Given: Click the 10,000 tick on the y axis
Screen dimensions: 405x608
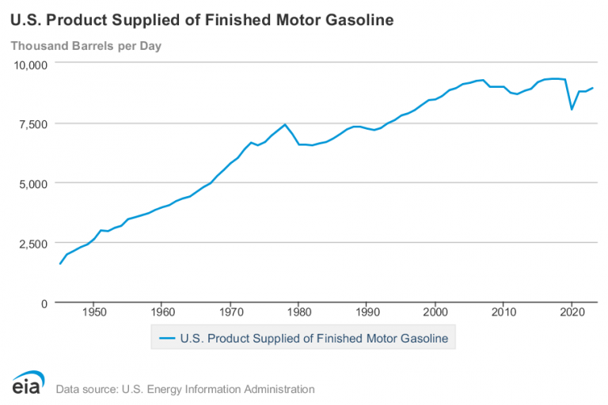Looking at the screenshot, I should pos(30,63).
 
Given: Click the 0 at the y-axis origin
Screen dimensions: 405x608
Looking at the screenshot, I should pos(45,302).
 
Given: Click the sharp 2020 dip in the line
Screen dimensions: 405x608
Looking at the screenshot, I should pos(572,109).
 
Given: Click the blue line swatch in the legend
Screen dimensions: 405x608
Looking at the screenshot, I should pos(166,338).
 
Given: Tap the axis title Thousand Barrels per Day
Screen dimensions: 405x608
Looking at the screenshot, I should pos(85,45).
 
